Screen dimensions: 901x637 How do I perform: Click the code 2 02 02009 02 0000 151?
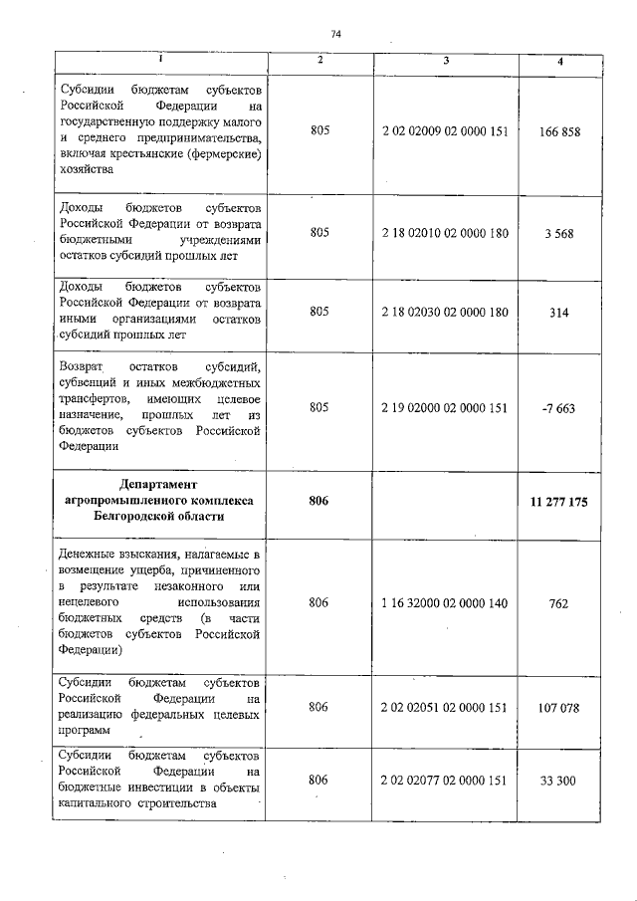[445, 132]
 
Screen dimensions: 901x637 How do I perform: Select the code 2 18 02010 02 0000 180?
[445, 233]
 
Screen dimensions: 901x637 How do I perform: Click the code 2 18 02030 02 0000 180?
[445, 312]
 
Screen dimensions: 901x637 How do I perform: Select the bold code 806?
[318, 502]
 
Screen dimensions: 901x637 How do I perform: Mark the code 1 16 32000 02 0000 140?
[445, 602]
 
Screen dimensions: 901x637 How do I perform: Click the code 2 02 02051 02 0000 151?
[445, 707]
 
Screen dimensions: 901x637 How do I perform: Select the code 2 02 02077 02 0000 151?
[445, 780]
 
